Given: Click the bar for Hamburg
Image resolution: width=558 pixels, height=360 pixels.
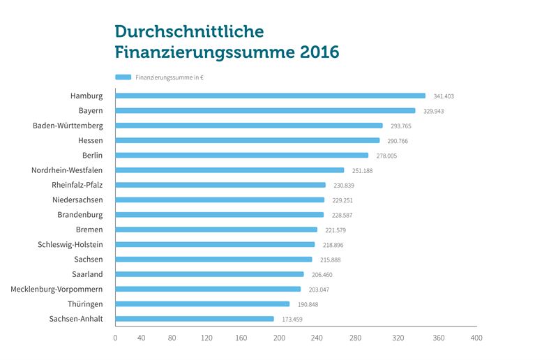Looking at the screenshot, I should (x=270, y=96).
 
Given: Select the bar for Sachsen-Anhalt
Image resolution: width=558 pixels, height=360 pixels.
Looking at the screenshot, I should (x=195, y=319).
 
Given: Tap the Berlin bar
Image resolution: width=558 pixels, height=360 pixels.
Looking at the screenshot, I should (x=241, y=155).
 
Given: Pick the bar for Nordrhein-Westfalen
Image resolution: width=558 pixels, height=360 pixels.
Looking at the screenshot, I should (x=229, y=170).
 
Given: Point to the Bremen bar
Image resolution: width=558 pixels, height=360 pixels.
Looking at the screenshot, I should (x=216, y=230).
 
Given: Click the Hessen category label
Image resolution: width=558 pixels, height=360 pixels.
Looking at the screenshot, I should (x=91, y=140).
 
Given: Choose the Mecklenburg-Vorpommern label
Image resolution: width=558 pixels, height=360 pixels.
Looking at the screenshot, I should (x=56, y=289).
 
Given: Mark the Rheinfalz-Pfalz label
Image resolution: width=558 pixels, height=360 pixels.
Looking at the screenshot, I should (x=77, y=185).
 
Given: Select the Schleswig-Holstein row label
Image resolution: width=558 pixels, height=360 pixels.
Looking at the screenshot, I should (x=70, y=244).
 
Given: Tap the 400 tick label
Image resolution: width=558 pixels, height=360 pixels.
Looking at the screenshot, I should (x=476, y=338).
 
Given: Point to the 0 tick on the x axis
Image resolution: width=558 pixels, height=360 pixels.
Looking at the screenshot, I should (x=115, y=338).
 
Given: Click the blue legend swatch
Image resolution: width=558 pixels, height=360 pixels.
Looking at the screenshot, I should (x=123, y=77).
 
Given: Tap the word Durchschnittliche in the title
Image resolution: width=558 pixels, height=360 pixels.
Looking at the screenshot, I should (x=189, y=31).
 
